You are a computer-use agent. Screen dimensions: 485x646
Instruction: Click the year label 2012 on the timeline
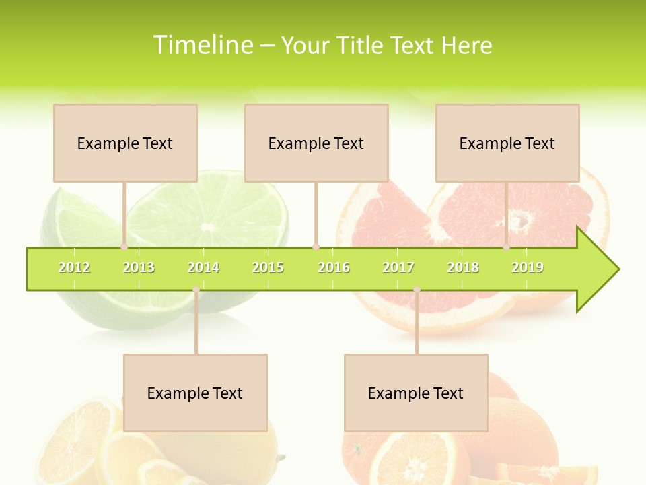pos(74,268)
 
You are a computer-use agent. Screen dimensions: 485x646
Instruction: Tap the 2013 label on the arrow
pos(139,268)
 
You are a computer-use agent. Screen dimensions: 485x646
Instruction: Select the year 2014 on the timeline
pos(203,268)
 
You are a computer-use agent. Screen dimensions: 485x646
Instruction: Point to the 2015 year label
pos(268,268)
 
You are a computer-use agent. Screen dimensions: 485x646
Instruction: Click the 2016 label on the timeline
pos(334,268)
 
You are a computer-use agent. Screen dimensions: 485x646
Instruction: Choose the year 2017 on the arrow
pos(398,268)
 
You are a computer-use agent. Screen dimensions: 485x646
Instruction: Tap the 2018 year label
pos(463,268)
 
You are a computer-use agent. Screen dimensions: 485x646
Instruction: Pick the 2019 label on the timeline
pos(528,268)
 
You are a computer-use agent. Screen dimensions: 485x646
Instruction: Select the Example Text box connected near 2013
pos(125,143)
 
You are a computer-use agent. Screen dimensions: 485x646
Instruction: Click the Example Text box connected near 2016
pos(316,143)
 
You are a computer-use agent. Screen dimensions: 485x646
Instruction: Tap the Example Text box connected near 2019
pos(507,143)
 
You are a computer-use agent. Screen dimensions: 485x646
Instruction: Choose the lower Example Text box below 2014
pos(195,393)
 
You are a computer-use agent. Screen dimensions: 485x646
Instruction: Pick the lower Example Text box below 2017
pos(416,393)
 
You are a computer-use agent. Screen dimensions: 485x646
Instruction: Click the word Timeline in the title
pos(203,45)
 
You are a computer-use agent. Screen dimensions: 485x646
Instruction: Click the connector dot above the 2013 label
pos(124,247)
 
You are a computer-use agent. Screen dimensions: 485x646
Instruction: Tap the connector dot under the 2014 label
pos(196,290)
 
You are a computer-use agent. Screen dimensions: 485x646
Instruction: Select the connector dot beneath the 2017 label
pos(417,290)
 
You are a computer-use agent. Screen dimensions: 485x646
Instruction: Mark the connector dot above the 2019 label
pos(507,247)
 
